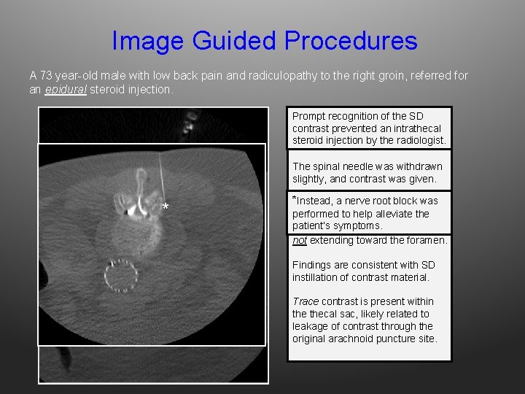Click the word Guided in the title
pyautogui.click(x=232, y=41)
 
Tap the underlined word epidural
pyautogui.click(x=65, y=90)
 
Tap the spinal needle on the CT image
pyautogui.click(x=160, y=175)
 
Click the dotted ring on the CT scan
pyautogui.click(x=122, y=276)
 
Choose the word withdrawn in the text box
pyautogui.click(x=420, y=166)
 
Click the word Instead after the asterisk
pyautogui.click(x=315, y=201)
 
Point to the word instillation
pyautogui.click(x=319, y=277)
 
